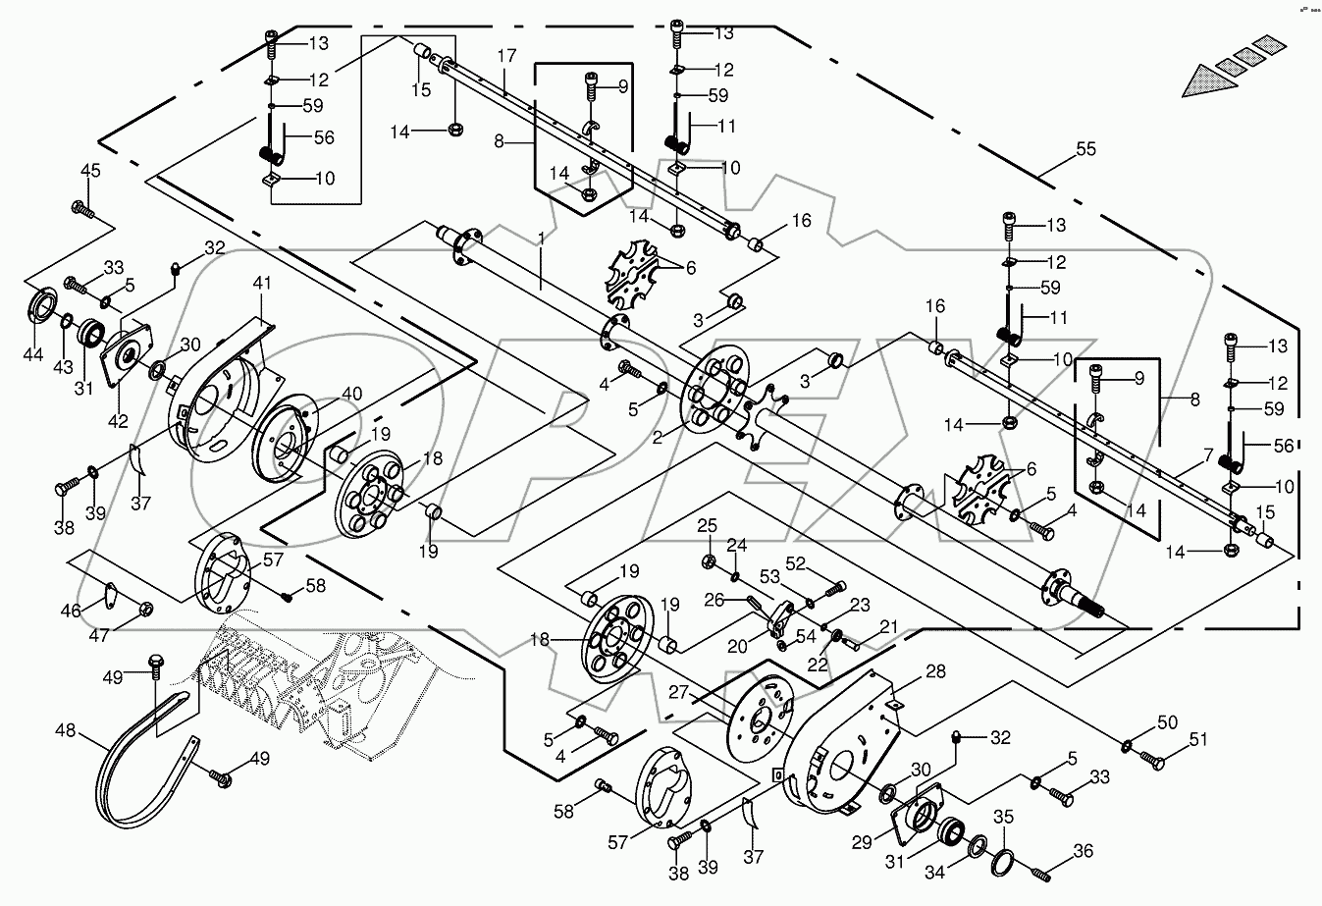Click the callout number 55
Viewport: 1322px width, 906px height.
[1084, 149]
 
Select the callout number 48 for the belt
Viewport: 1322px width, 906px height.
[64, 731]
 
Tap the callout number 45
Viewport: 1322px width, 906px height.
[89, 171]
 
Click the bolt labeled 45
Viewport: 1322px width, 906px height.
[81, 208]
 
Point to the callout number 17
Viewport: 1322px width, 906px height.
[505, 56]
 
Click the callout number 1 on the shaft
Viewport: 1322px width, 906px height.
[540, 239]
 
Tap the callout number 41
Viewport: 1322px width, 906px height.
[260, 282]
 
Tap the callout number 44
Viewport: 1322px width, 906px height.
[32, 353]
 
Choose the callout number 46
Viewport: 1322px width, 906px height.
[70, 611]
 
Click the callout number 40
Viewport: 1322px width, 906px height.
[351, 394]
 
